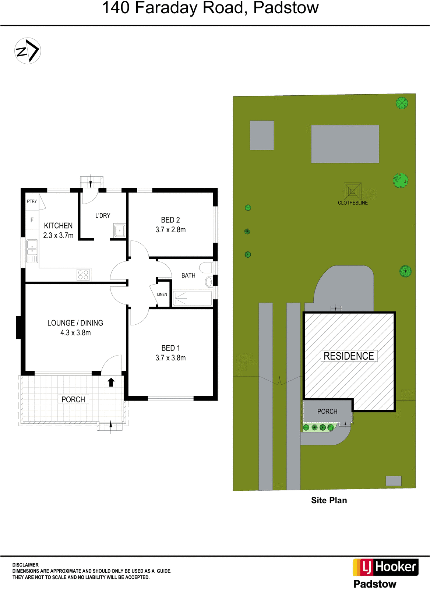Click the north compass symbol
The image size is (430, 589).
coord(28,51)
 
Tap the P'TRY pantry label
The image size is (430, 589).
coord(32,201)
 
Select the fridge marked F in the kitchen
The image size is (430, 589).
coord(32,220)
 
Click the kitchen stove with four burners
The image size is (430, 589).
coord(84,275)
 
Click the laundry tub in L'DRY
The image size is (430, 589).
coord(120,230)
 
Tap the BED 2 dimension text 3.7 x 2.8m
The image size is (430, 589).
coord(170,230)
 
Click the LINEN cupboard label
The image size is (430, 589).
coord(162,294)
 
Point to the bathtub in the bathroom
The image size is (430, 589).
coord(192,298)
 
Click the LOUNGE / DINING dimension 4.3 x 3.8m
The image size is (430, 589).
coord(75,333)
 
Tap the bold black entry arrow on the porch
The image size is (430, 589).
coord(111,382)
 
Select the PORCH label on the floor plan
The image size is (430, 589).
coord(73,399)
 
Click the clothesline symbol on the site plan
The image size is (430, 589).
coord(352,191)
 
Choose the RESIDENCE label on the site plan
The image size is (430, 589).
coord(349,356)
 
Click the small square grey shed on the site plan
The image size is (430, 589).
coord(262,135)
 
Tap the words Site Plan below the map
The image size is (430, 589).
coord(329,500)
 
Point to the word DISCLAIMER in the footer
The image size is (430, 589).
coord(25,565)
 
